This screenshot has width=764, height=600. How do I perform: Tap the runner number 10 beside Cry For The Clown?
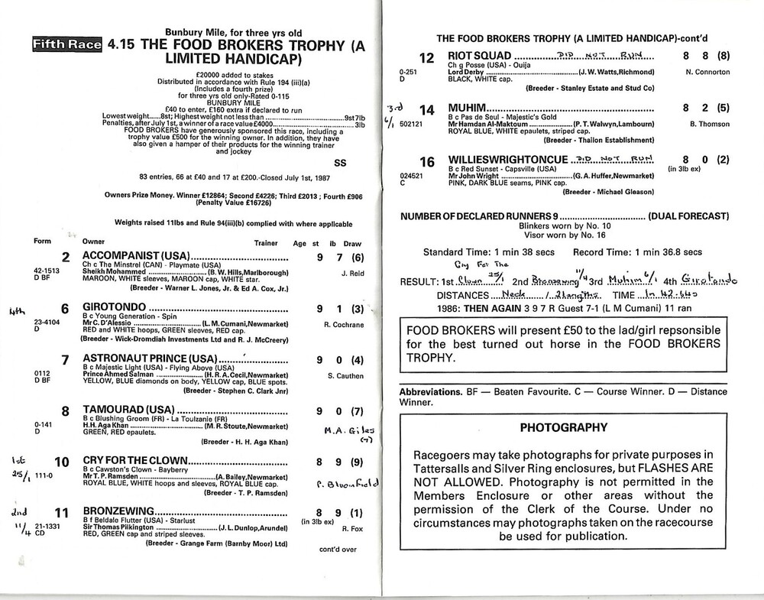[x=62, y=462]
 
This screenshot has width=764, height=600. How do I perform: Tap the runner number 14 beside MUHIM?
[x=427, y=109]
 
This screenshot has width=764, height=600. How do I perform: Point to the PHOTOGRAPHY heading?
[x=563, y=427]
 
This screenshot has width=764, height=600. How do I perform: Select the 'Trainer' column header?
[x=266, y=242]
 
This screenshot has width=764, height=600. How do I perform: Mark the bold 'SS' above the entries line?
[x=340, y=162]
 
